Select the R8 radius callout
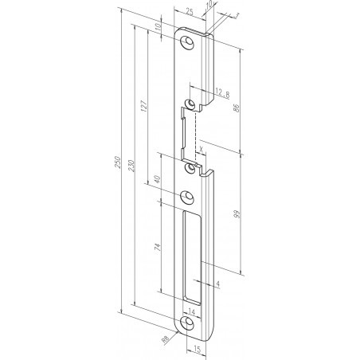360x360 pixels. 166,341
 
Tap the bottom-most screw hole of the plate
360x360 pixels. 189,324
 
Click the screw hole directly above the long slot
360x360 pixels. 189,199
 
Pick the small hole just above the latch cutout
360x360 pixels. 191,104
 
